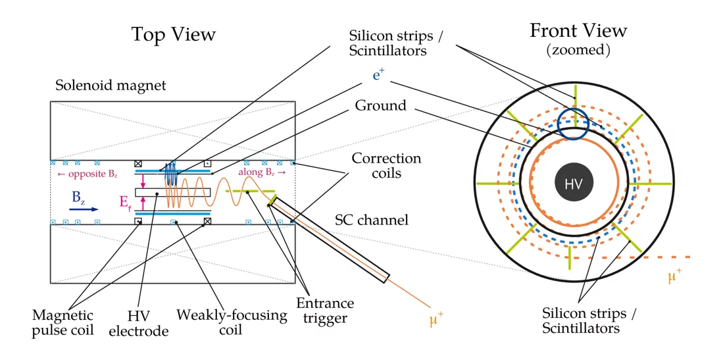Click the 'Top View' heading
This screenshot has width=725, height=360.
coord(173,34)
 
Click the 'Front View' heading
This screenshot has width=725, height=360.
coord(578,31)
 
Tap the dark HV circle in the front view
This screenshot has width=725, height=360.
coord(574,182)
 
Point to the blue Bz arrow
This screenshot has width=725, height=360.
coord(85,209)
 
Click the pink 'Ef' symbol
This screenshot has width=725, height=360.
coord(125,202)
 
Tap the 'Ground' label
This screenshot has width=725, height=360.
coord(380,105)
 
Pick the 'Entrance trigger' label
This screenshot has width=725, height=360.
coord(324,311)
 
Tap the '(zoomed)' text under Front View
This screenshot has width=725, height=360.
coord(578,50)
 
